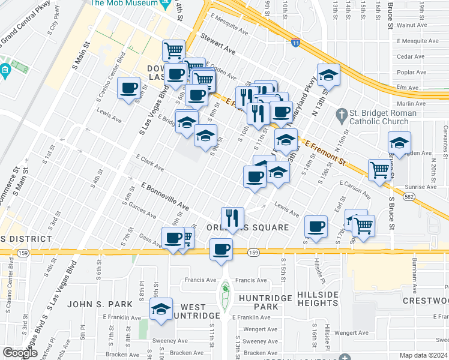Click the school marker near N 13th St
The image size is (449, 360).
coord(328,76)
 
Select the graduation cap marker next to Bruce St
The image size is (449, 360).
coord(399,143)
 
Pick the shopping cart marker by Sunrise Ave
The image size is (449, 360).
coord(379,170)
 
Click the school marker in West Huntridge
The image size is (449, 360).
coord(160,310)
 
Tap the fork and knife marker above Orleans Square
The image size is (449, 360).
coord(232,217)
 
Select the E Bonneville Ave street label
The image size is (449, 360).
coord(165,197)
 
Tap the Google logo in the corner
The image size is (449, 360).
coord(20,353)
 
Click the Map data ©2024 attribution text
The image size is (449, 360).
coord(424,356)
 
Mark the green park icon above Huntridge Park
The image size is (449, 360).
coord(225,289)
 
